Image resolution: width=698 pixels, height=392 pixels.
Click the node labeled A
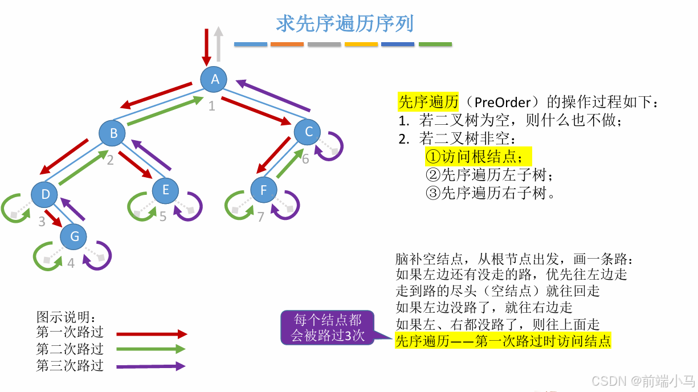tap(215, 80)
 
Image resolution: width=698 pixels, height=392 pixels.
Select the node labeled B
tap(113, 133)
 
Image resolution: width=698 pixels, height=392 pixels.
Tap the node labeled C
tap(308, 132)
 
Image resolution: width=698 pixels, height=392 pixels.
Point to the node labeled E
tap(165, 190)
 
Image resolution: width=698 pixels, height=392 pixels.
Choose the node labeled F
tap(263, 190)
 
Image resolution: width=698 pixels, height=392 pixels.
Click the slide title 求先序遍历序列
tap(344, 24)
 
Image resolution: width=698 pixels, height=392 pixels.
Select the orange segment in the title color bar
tap(287, 44)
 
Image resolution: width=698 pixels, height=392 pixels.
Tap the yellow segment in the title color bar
tap(361, 44)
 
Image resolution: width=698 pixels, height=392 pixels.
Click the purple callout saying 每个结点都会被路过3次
tap(328, 328)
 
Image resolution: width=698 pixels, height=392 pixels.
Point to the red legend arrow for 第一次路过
tap(152, 334)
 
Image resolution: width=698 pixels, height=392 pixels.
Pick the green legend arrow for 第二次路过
tap(152, 349)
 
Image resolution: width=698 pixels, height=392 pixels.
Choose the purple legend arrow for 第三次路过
tap(152, 366)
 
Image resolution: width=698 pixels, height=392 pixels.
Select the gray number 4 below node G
tap(71, 263)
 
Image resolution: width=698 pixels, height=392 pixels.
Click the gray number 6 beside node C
tap(305, 159)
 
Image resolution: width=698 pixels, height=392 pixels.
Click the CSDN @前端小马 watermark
tap(642, 381)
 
